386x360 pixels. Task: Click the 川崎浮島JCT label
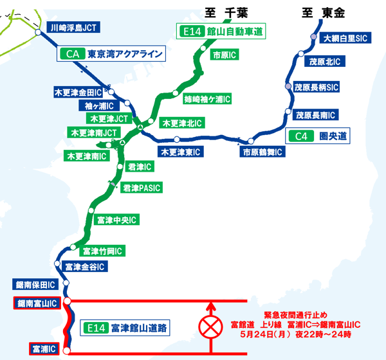click(75, 28)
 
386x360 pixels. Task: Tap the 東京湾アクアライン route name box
click(113, 54)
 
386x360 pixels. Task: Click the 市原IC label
click(225, 56)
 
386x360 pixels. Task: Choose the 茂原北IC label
click(325, 62)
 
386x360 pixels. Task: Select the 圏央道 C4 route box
click(318, 136)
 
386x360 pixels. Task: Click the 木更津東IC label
click(181, 152)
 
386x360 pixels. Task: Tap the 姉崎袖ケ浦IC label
click(207, 100)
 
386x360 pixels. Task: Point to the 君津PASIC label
click(142, 188)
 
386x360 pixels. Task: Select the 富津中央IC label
click(116, 221)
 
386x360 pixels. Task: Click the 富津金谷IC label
click(85, 266)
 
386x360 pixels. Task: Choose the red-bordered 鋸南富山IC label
click(37, 302)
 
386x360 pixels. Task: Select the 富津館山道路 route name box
click(127, 328)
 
